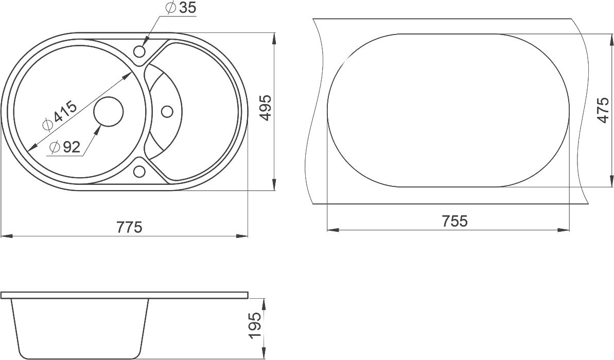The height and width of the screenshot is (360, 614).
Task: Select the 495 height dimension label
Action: tap(266, 108)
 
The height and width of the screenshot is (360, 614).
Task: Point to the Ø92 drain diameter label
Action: tap(65, 147)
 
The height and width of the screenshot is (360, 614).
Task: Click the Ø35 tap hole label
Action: tap(181, 8)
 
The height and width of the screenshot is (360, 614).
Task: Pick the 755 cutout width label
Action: tap(454, 221)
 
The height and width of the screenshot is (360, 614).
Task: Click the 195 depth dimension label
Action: tap(254, 325)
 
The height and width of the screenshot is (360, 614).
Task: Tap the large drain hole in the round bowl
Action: tap(109, 112)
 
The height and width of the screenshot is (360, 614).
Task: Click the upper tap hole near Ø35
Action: tap(139, 51)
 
